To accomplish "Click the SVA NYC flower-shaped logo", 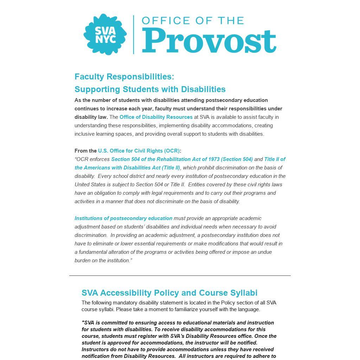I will click(105, 34).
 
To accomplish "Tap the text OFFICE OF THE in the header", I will click(193, 20).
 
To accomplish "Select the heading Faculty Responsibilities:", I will click(124, 77).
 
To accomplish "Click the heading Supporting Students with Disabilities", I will click(150, 89).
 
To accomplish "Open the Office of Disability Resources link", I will click(156, 117).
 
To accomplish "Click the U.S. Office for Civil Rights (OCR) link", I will click(139, 151).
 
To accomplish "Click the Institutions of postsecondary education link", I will click(123, 218).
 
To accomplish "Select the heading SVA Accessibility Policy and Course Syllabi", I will click(169, 293).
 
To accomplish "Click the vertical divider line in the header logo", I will click(134, 34).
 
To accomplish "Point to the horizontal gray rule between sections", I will click(180, 276).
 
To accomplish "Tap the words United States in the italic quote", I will click(90, 185).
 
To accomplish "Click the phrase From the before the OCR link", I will click(85, 151).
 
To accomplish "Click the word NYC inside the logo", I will click(105, 39).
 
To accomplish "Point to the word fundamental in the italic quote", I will click(93, 252).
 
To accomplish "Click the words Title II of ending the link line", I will click(275, 159).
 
